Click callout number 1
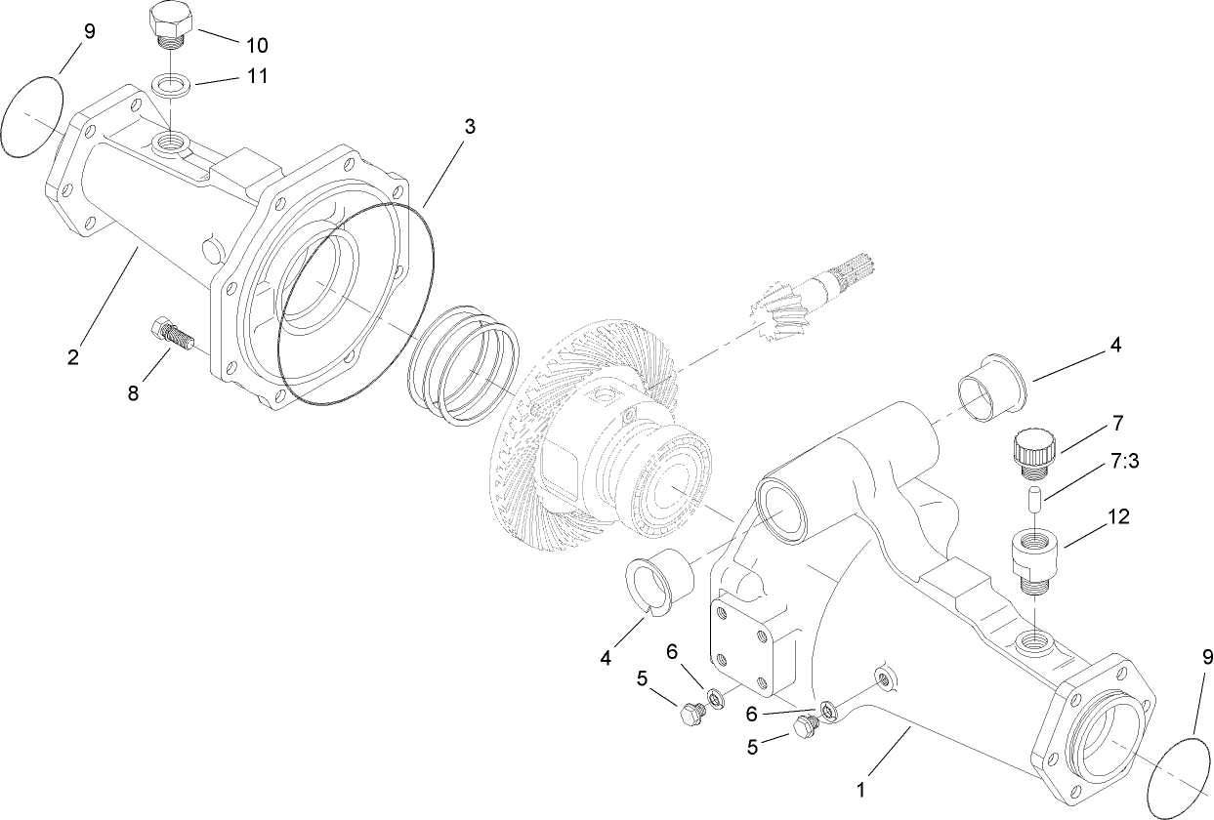pyautogui.click(x=860, y=785)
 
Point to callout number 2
pyautogui.click(x=73, y=357)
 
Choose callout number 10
pyautogui.click(x=257, y=45)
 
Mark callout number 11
pyautogui.click(x=256, y=76)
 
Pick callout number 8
pyautogui.click(x=133, y=392)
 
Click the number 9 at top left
pyautogui.click(x=89, y=31)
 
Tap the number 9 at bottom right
pyautogui.click(x=1206, y=659)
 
